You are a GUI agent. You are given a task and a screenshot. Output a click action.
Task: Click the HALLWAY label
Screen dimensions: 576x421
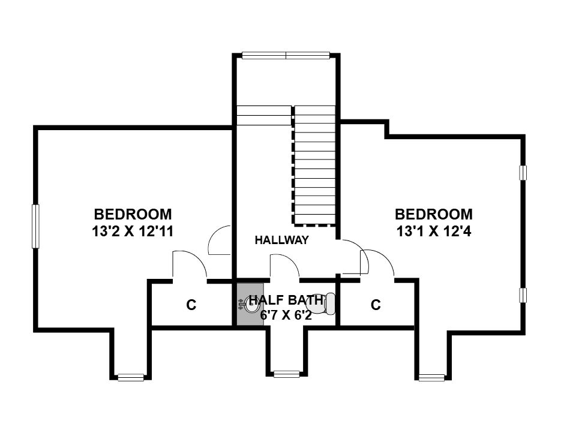(282, 240)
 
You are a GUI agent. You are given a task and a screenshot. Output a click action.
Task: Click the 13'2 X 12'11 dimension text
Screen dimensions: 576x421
(133, 231)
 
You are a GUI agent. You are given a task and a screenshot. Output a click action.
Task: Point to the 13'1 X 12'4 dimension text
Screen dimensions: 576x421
(434, 231)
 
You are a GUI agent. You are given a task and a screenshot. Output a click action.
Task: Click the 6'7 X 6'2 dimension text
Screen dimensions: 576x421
(286, 315)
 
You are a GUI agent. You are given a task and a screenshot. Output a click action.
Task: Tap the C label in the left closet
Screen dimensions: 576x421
(191, 305)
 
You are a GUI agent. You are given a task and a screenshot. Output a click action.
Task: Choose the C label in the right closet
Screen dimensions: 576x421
(376, 305)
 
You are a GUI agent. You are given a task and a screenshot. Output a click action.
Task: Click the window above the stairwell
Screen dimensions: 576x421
(286, 55)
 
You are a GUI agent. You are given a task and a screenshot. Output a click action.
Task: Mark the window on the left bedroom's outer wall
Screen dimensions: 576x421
(35, 226)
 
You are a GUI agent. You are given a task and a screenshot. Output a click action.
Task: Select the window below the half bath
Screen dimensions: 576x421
(287, 374)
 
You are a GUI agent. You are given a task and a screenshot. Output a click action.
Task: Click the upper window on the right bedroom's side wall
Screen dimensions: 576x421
(523, 173)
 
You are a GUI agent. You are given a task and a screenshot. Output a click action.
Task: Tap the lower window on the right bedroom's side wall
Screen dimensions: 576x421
(523, 296)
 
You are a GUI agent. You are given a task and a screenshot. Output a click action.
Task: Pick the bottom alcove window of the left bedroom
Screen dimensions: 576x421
(131, 377)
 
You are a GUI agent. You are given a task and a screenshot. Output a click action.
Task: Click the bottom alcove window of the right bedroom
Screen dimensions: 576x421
(431, 377)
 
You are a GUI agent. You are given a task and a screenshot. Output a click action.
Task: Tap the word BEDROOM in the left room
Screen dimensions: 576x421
(133, 214)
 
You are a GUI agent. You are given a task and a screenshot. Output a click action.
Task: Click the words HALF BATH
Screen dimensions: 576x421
(286, 300)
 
